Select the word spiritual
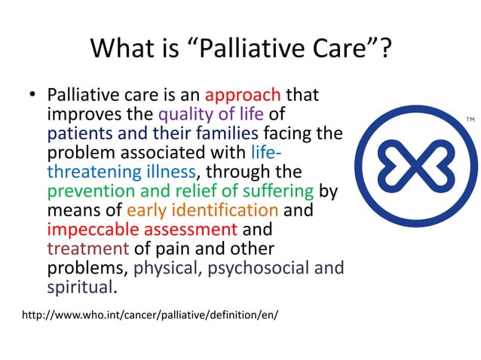(x=78, y=286)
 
